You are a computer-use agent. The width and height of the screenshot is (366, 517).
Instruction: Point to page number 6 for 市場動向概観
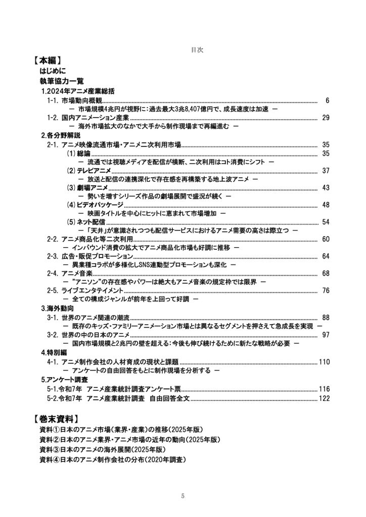(328, 101)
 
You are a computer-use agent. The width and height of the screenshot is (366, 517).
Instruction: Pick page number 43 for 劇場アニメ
(326, 188)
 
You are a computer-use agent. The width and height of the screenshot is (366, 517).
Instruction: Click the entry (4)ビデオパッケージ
(95, 204)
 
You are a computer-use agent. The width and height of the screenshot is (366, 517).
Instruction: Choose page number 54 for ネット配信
(326, 222)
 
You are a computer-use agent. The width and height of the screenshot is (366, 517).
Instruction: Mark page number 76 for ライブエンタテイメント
(326, 291)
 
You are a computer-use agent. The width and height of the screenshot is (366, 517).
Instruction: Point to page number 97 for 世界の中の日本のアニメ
(326, 335)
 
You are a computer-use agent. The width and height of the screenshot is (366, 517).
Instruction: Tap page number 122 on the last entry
(324, 398)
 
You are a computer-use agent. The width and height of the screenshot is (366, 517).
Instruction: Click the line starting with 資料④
(113, 460)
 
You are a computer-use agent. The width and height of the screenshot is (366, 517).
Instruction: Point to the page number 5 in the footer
(183, 496)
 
